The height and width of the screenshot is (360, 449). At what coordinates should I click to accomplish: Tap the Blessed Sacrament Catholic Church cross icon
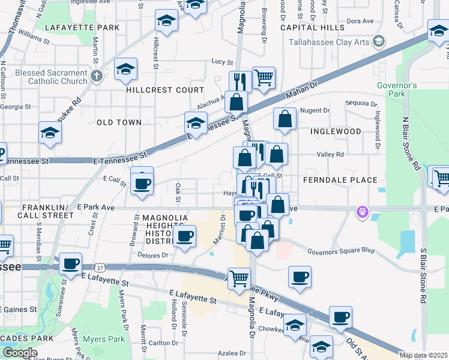(98, 76)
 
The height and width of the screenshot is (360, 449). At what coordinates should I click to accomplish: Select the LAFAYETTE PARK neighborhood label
(77, 28)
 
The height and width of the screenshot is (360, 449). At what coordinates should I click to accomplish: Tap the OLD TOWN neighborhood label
(119, 122)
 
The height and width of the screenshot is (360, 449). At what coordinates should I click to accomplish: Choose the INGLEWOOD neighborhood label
(336, 131)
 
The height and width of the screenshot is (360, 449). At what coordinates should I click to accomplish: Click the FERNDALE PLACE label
(340, 180)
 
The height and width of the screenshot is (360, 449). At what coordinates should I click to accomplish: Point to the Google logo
(20, 353)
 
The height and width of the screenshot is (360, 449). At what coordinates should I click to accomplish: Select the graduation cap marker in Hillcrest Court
(126, 70)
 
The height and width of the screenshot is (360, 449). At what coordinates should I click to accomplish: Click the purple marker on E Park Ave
(361, 211)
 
